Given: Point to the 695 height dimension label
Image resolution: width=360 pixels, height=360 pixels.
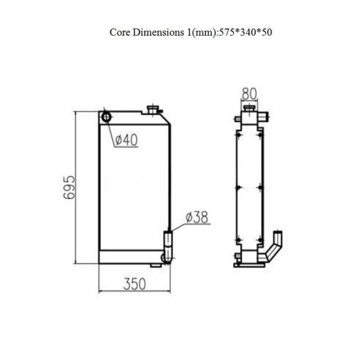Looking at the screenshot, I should [x=70, y=188].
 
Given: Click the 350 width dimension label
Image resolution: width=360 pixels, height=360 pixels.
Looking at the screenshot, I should [x=134, y=283].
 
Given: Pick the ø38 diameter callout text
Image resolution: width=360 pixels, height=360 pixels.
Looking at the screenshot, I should [x=197, y=218].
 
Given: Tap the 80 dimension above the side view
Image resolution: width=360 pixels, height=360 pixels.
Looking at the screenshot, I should [x=249, y=94].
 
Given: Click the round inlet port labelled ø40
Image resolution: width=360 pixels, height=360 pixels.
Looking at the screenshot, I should [x=106, y=117].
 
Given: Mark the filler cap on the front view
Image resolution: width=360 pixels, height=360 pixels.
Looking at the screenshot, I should [x=153, y=110].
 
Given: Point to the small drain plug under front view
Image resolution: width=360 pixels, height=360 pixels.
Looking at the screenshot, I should [x=155, y=265].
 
